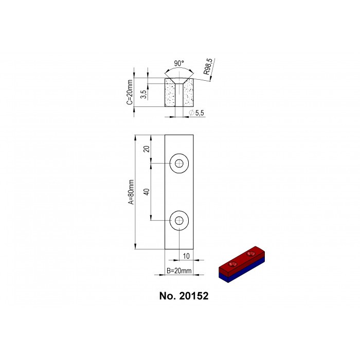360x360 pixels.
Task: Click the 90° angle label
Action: [x=179, y=63]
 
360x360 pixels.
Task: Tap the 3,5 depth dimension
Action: [x=145, y=93]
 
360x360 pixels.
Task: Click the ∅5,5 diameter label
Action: [x=197, y=113]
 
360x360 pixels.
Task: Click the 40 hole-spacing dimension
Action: [x=147, y=191]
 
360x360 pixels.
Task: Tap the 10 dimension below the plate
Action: [x=187, y=256]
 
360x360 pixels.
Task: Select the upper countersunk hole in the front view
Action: [x=179, y=164]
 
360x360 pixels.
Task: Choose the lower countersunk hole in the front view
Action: [x=179, y=221]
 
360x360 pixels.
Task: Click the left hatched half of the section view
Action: [x=170, y=95]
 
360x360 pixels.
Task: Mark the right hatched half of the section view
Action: [x=188, y=95]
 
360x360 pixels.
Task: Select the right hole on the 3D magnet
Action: [x=251, y=254]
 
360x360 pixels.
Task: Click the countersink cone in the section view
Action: [x=179, y=81]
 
